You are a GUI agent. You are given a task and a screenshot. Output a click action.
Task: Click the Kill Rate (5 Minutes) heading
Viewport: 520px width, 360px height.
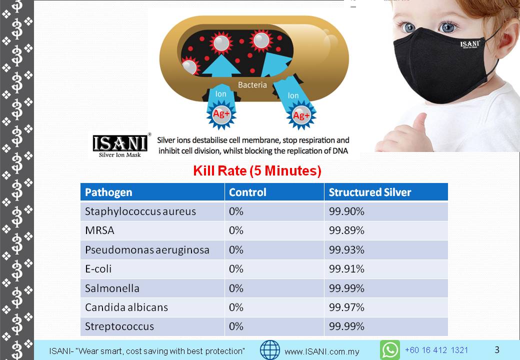tap(257, 170)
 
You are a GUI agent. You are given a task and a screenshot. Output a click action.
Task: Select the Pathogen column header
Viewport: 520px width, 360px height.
tap(108, 192)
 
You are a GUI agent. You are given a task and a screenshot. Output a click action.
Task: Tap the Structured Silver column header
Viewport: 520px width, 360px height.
tap(370, 192)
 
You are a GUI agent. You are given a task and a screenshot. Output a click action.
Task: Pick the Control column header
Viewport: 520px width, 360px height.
tap(247, 192)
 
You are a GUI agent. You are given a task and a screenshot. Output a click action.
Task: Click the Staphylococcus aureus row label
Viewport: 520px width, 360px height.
tap(140, 211)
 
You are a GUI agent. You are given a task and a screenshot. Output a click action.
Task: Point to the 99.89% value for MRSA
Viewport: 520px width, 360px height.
tap(346, 230)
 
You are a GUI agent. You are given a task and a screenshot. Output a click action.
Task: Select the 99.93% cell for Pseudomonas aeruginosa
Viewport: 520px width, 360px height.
tap(346, 249)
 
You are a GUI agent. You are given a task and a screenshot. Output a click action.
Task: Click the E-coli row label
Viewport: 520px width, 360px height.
tap(98, 269)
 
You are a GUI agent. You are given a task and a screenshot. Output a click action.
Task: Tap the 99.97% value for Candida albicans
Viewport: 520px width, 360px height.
tap(346, 307)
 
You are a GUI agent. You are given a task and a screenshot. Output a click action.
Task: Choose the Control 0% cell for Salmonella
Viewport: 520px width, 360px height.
tap(236, 288)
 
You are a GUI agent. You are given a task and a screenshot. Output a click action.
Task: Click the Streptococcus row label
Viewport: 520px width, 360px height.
tap(119, 326)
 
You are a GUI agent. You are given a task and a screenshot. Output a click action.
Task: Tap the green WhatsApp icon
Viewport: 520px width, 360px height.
tap(390, 350)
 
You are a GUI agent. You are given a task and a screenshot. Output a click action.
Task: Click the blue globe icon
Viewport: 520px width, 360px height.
tap(270, 350)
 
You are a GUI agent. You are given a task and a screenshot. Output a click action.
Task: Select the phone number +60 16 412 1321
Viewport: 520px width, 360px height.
tap(436, 350)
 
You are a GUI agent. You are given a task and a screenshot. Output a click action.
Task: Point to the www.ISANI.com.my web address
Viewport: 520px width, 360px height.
tap(322, 351)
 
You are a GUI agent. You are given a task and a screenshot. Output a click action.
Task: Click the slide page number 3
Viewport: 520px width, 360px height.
tap(497, 349)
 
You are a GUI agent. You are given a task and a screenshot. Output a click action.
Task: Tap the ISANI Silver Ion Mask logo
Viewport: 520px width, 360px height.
tap(120, 146)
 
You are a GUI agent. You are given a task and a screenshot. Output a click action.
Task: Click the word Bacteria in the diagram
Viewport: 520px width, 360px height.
tap(252, 85)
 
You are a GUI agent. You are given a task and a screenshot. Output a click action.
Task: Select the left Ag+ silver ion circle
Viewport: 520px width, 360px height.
tap(221, 114)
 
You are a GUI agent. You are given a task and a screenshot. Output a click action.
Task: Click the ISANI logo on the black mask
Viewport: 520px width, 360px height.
tap(470, 44)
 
